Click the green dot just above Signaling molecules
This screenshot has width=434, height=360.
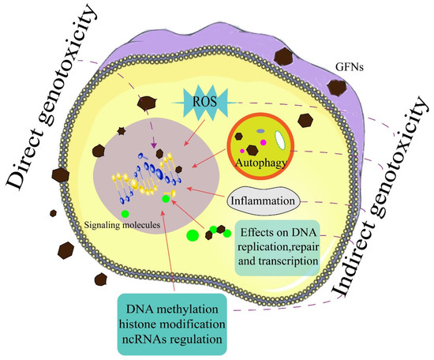coord(124,213)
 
